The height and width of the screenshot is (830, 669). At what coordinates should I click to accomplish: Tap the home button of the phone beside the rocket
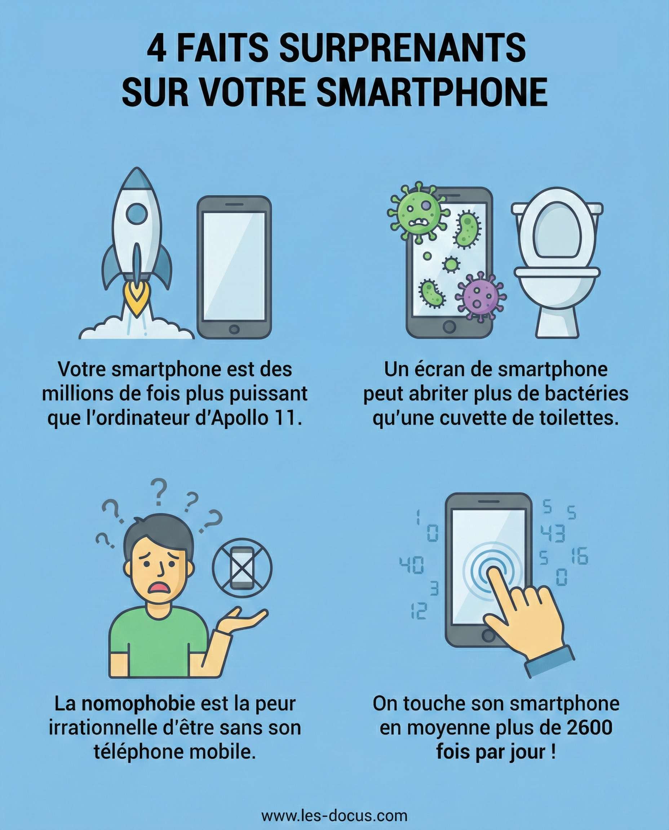coord(234,329)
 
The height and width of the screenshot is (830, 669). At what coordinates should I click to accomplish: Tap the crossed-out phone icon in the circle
coord(242,568)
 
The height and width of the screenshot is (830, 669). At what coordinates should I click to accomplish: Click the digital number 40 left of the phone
coord(412,565)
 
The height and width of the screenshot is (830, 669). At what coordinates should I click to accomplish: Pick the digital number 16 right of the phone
coord(580,556)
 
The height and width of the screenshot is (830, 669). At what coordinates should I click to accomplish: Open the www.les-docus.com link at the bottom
coord(334,815)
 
